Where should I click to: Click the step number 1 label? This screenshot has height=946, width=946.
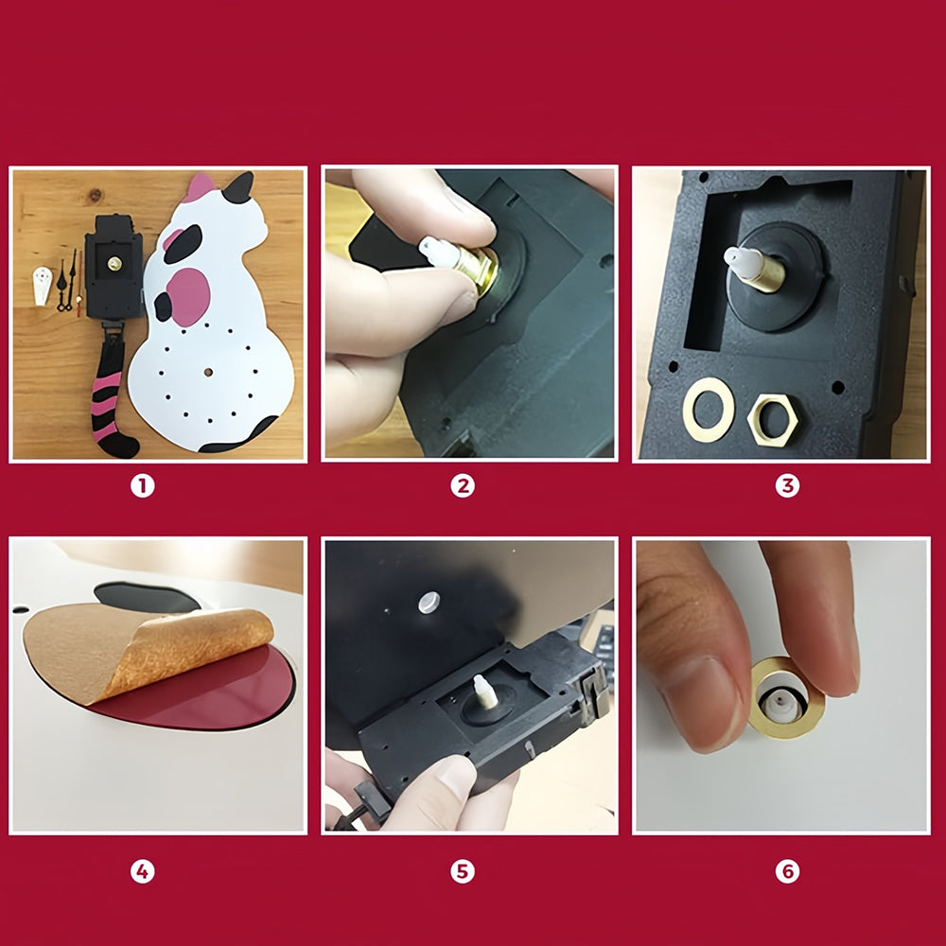tap(143, 485)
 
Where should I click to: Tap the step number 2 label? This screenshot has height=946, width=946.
tap(463, 485)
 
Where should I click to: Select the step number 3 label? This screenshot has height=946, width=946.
tap(787, 485)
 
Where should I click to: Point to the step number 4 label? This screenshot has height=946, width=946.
tap(143, 871)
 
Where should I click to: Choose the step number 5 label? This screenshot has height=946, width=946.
tap(463, 871)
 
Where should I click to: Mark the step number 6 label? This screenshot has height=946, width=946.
tap(787, 871)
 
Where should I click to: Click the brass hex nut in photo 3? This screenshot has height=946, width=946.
tap(773, 420)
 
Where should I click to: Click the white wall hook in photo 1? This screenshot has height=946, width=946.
tap(42, 286)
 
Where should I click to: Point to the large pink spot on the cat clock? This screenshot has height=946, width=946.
tap(188, 297)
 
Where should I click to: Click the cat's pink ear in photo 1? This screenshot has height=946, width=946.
tap(199, 187)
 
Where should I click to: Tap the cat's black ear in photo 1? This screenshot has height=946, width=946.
tap(239, 188)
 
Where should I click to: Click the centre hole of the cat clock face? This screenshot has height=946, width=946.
tap(208, 372)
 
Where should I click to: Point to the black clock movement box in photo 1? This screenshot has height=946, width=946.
tap(114, 269)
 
